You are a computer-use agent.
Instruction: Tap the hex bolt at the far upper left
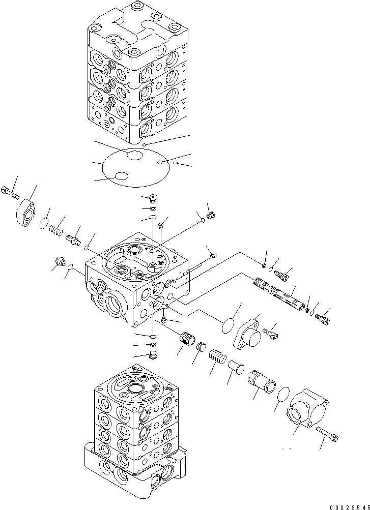pos(10,192)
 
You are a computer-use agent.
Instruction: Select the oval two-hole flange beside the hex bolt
pos(26,211)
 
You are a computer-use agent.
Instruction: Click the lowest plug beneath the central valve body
pos(153,354)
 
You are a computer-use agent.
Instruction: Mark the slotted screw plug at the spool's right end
pos(323,319)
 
